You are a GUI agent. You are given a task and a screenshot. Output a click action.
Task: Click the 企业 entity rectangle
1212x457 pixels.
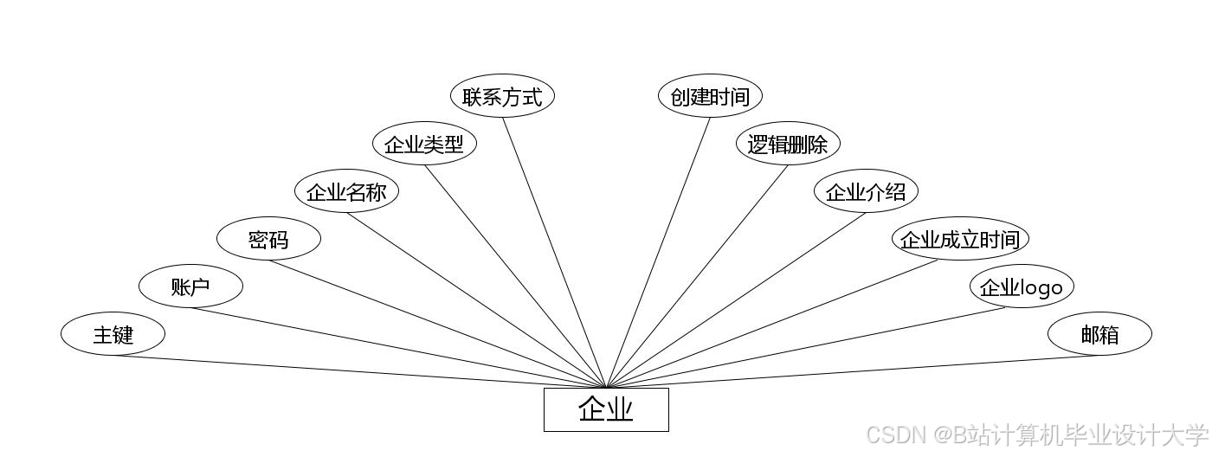click(606, 409)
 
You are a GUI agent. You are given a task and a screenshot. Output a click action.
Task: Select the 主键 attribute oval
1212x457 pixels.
click(113, 333)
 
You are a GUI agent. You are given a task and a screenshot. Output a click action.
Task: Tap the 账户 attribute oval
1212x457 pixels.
click(190, 286)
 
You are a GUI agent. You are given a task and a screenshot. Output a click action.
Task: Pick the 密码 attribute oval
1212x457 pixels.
click(268, 239)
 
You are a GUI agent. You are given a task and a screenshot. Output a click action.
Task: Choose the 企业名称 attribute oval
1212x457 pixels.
click(346, 191)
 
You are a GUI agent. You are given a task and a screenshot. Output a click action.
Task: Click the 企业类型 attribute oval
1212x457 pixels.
click(424, 144)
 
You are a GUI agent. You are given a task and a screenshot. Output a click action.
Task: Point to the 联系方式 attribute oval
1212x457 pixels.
click(502, 96)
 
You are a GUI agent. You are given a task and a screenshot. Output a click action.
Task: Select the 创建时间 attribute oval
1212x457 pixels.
click(710, 96)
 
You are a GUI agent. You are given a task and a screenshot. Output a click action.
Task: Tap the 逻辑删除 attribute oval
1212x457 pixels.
click(788, 144)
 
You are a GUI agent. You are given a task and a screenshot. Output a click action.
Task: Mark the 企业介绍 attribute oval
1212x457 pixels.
click(866, 191)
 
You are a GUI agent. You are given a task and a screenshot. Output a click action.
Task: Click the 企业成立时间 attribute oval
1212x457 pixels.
click(960, 239)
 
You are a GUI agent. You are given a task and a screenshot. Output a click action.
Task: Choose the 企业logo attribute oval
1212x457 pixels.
click(1022, 286)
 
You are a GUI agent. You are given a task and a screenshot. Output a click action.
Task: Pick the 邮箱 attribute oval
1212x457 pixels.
click(1099, 333)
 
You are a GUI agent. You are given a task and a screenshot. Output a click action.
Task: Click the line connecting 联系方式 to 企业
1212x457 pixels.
click(554, 252)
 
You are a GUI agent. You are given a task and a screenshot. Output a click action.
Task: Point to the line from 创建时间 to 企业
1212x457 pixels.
click(658, 252)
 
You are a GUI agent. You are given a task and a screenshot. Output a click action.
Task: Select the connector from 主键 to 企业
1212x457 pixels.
click(359, 371)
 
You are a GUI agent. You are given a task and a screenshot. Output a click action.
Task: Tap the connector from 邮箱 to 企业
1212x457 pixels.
click(853, 371)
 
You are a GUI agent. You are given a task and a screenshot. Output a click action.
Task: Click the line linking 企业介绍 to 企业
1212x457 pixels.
click(736, 300)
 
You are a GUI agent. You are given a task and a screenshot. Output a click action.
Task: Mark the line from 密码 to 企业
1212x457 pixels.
click(437, 324)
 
